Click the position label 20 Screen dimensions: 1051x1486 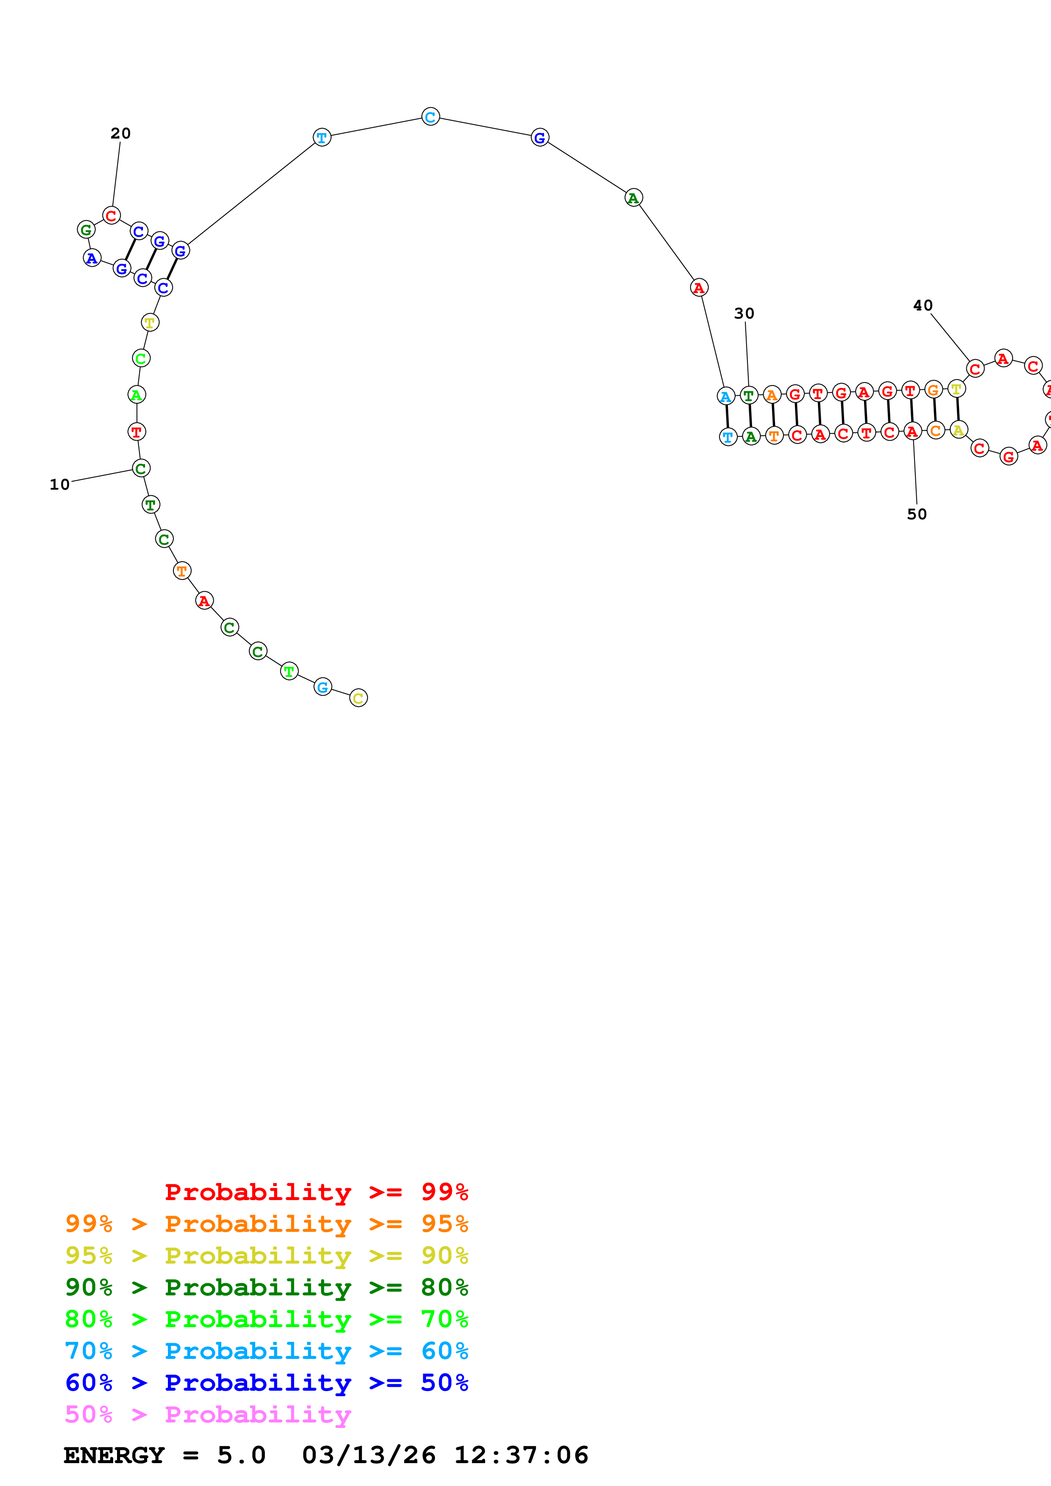[x=120, y=133]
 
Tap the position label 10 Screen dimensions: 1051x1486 [x=60, y=485]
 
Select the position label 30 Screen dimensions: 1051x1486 [x=744, y=314]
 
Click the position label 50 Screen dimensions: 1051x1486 [x=916, y=515]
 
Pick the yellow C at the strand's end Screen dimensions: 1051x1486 [x=358, y=698]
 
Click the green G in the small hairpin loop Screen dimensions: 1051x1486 [x=86, y=229]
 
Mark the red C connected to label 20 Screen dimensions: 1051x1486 [x=112, y=216]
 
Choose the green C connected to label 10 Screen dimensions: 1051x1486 [x=140, y=469]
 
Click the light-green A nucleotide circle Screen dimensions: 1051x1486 [x=136, y=394]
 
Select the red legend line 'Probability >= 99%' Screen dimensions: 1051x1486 [x=316, y=1192]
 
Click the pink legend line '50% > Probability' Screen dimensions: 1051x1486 [x=208, y=1414]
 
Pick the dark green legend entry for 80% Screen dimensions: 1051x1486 [x=266, y=1287]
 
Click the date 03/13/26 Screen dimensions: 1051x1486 [x=368, y=1455]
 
